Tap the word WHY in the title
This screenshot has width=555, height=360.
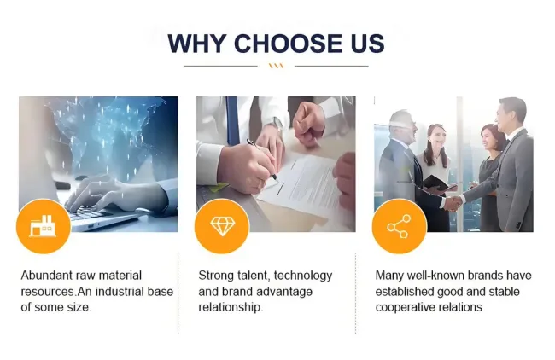click(197, 44)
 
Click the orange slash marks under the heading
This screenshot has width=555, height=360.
click(276, 66)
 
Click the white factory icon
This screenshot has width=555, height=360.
click(43, 226)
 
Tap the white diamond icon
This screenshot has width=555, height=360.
click(222, 226)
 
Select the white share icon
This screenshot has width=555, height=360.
click(400, 226)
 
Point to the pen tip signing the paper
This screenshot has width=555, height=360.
click(277, 180)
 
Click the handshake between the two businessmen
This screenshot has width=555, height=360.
click(453, 203)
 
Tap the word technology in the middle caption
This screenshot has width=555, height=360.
click(303, 276)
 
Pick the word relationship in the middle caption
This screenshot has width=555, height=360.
click(231, 307)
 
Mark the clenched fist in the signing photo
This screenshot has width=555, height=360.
click(308, 125)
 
